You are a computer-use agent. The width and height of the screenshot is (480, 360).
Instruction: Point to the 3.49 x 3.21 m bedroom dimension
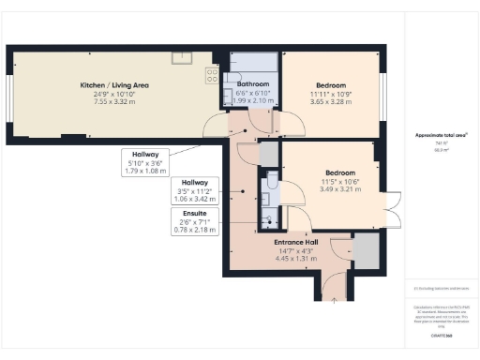pos(340,188)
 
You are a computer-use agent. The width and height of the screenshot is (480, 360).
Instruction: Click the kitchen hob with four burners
pos(213,76)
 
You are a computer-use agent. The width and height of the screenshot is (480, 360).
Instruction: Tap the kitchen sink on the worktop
pos(180,58)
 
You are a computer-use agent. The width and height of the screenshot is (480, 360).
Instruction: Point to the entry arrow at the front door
pos(335,300)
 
